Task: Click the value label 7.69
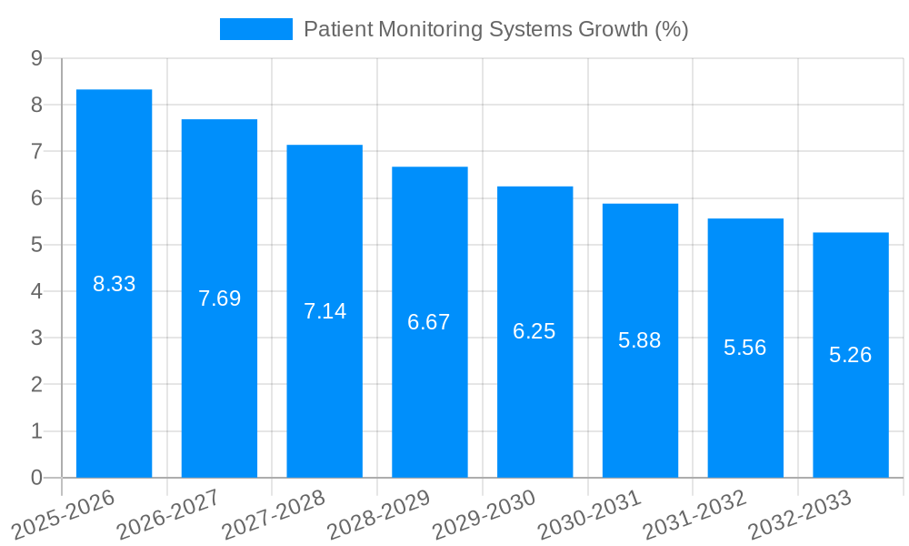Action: [x=219, y=298]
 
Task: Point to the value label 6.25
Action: [x=534, y=331]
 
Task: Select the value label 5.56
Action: [x=744, y=348]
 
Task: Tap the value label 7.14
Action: [x=325, y=311]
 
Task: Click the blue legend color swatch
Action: [x=255, y=29]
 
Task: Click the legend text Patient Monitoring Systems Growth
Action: [x=495, y=29]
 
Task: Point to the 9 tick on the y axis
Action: [x=36, y=58]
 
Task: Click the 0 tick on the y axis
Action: [x=36, y=478]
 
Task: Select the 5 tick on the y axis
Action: [x=36, y=245]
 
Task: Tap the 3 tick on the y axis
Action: [x=36, y=338]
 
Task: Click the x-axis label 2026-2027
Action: [x=168, y=514]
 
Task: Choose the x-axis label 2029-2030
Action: [x=484, y=514]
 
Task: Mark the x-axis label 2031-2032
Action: [x=694, y=514]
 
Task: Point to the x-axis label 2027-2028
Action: [x=273, y=514]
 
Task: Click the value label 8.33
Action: [x=114, y=284]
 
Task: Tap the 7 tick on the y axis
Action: [x=36, y=151]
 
